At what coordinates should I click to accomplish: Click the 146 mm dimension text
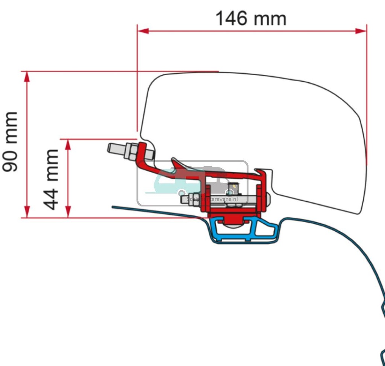(251, 18)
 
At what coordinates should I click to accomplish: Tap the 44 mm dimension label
(51, 179)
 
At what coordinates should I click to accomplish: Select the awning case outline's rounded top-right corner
(350, 102)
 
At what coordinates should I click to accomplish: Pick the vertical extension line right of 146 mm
(367, 94)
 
